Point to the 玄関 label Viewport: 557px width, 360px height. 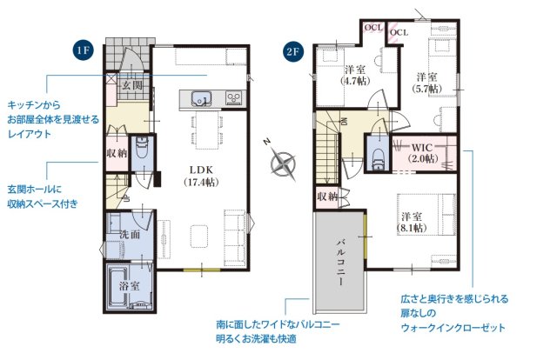click(x=131, y=85)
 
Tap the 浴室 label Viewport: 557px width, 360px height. click(x=130, y=284)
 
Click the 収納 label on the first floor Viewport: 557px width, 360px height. click(x=117, y=152)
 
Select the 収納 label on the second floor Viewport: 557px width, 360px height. click(x=326, y=197)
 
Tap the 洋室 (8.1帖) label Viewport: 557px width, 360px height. click(x=413, y=221)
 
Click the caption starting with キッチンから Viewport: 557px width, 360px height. click(x=52, y=118)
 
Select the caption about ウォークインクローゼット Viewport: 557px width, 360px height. click(x=453, y=313)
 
